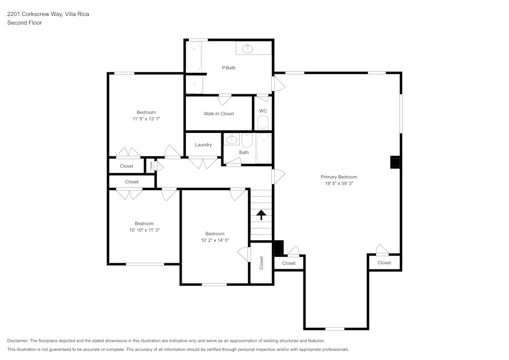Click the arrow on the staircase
point(261,214)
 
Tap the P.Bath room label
point(229,68)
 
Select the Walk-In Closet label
point(219,114)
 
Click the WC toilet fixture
point(263,123)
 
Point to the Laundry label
point(203,145)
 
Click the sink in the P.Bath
point(248,48)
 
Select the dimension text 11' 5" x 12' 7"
point(146,119)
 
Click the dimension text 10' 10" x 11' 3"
point(145,230)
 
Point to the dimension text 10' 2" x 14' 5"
point(215,240)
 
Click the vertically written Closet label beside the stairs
point(262,263)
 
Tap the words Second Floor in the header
point(24,23)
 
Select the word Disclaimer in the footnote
point(18,341)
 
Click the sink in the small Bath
point(232,139)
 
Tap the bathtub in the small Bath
point(264,149)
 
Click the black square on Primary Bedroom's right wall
point(395,162)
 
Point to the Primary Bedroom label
point(338,177)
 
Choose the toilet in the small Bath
point(247,140)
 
